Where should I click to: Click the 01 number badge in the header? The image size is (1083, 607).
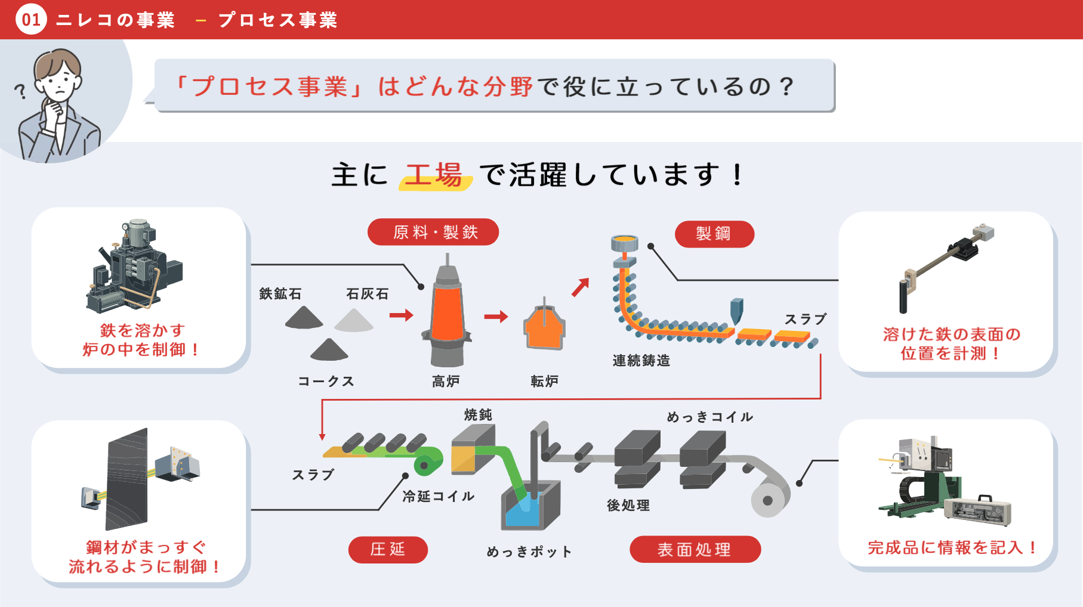coord(31,19)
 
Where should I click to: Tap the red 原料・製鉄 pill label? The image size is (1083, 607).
coord(433,232)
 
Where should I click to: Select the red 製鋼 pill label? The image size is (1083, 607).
coord(714,234)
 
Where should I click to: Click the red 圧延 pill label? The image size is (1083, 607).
coord(388,549)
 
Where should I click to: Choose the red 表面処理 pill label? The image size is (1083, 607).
coord(695,549)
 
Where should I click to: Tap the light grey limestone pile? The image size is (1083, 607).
coord(354,320)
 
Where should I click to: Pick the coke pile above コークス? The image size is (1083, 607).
coord(329,349)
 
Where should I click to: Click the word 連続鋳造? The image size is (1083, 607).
coord(641,361)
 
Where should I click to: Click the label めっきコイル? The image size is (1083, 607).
coord(710,417)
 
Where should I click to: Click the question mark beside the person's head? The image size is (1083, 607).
coord(21,91)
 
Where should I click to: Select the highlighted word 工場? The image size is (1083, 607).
coord(434,175)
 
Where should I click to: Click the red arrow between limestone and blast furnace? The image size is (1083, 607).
coord(401,315)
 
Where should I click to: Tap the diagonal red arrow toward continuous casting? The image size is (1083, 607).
coord(580,287)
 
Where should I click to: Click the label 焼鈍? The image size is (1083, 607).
coord(478,414)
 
